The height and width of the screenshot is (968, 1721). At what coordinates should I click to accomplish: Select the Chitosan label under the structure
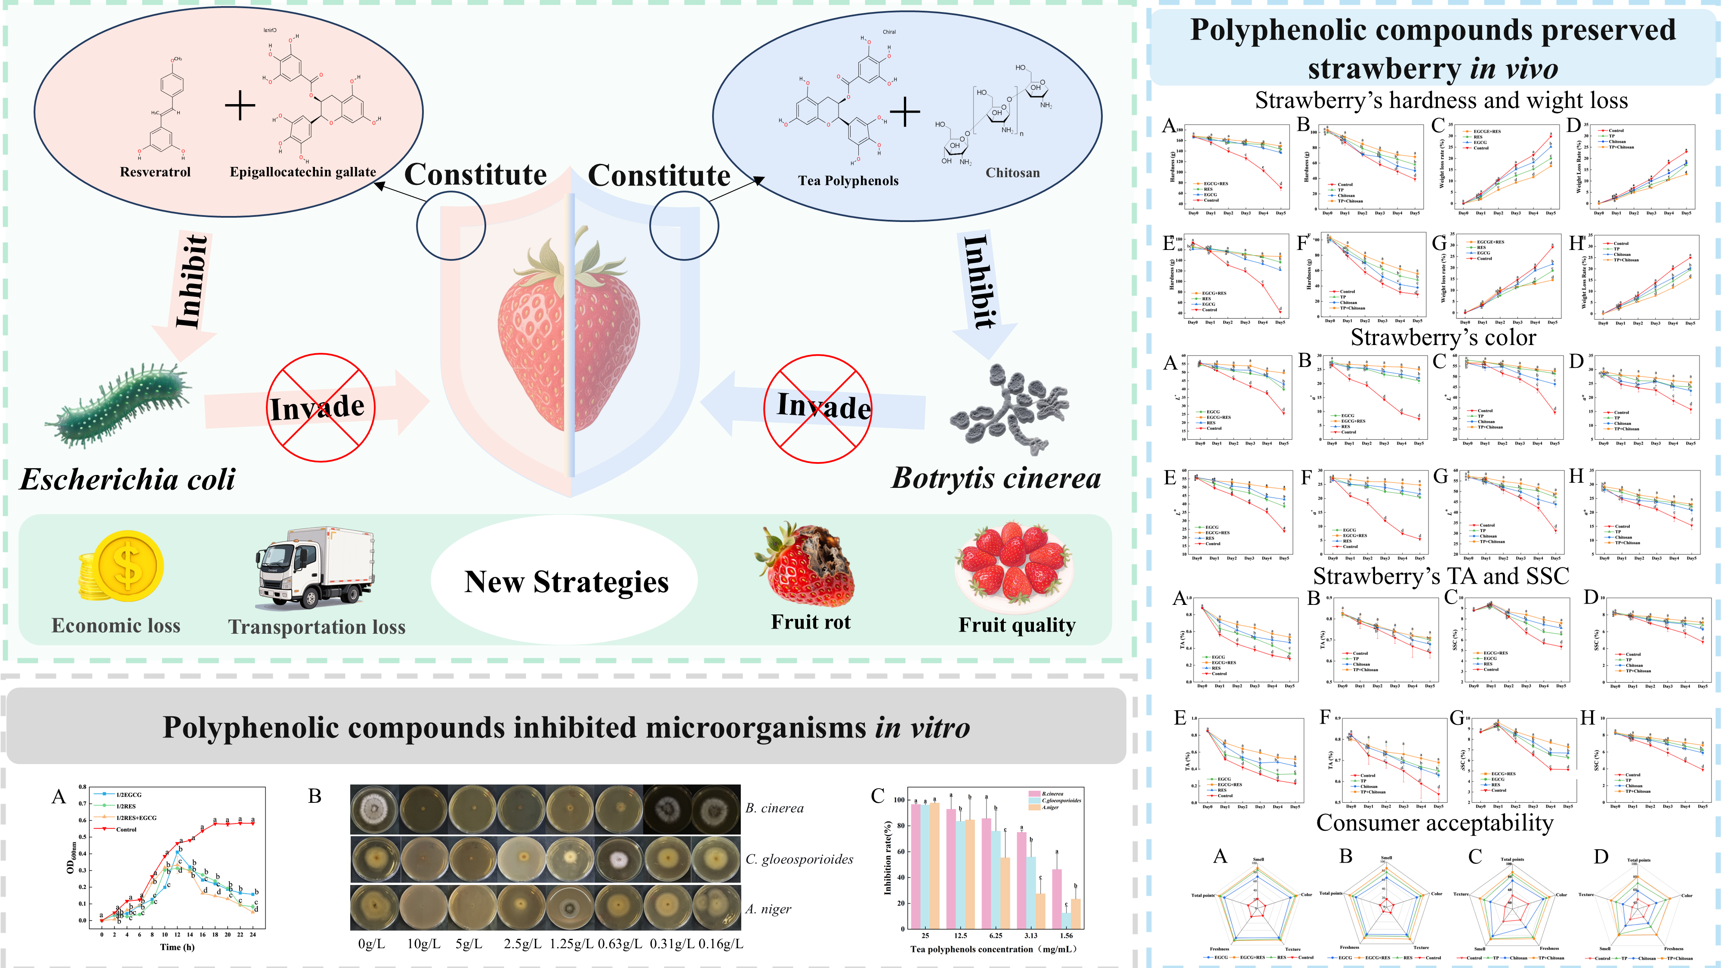tap(1012, 173)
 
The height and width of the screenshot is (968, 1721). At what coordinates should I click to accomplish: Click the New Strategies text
tap(566, 582)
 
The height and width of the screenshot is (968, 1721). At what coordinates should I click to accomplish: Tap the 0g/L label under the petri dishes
tap(371, 944)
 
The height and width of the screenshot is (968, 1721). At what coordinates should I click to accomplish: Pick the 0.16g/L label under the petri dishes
tap(721, 944)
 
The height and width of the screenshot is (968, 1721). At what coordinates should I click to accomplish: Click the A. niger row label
tap(768, 909)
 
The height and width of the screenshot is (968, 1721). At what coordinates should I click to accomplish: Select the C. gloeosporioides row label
tap(799, 859)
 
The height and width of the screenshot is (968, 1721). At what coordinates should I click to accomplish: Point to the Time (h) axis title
tap(177, 946)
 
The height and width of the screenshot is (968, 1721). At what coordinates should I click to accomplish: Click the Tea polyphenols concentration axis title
tap(993, 950)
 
